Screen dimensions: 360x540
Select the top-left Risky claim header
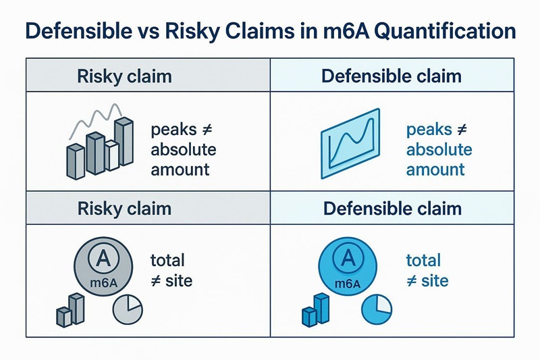(125, 75)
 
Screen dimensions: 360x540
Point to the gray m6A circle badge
(104, 267)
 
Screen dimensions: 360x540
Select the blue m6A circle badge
(348, 267)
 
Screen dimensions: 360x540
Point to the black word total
(168, 260)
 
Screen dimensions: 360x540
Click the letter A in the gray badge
(104, 257)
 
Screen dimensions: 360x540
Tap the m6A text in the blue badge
(348, 284)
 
